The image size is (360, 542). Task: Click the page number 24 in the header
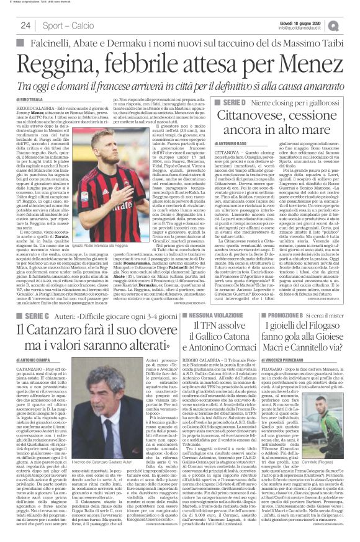[25, 25]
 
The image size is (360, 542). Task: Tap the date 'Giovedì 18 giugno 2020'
[317, 20]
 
